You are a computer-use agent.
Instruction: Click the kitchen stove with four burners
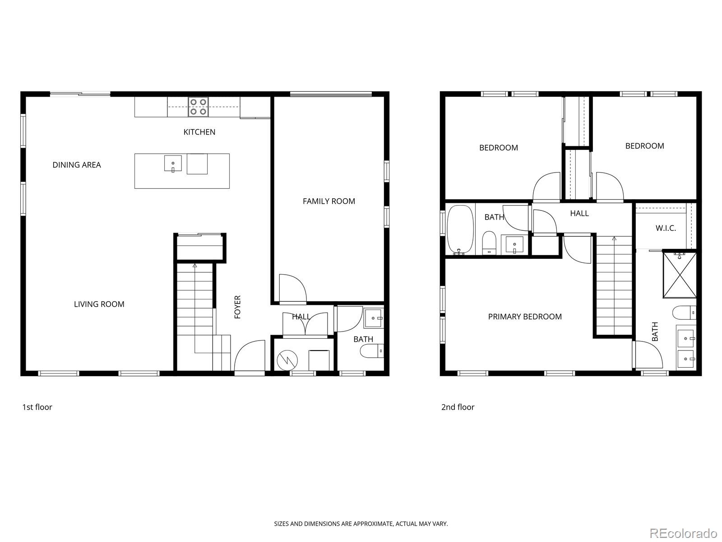tap(198, 107)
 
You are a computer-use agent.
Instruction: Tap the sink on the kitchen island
tap(173, 164)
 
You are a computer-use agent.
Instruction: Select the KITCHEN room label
tap(199, 132)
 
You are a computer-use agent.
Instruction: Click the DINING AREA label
tap(77, 165)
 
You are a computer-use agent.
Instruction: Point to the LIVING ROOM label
tap(99, 304)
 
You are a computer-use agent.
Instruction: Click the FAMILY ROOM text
tap(329, 201)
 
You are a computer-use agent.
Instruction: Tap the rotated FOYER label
tap(237, 307)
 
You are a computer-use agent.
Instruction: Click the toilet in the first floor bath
tap(373, 350)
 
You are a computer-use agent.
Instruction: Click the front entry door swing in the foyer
tap(250, 356)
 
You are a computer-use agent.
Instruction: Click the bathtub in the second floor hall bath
tap(460, 230)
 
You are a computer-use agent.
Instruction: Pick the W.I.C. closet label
tap(666, 228)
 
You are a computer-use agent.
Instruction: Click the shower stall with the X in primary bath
tap(680, 275)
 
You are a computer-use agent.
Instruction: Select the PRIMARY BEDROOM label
tap(525, 317)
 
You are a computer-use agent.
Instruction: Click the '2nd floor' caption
tap(458, 407)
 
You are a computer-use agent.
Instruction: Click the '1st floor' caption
tap(37, 407)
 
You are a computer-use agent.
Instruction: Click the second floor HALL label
tap(579, 213)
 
